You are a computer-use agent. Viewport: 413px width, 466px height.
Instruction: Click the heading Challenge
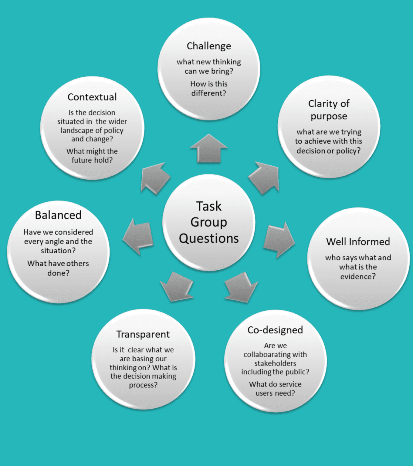tap(209, 46)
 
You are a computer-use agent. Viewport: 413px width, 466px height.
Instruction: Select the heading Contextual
tap(92, 97)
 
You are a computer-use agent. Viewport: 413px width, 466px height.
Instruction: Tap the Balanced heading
tap(58, 215)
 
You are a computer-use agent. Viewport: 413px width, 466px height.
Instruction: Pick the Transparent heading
tap(143, 334)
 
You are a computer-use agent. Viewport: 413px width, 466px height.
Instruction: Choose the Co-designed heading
tap(275, 330)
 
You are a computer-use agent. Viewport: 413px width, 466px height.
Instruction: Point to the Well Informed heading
tap(358, 242)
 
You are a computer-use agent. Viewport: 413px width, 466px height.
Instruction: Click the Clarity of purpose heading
tap(329, 110)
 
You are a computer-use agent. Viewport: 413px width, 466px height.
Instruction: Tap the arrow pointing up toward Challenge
tap(209, 148)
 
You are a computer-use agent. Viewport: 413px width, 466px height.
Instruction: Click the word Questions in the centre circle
tap(209, 238)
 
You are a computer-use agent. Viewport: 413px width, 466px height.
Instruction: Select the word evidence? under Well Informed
tap(358, 277)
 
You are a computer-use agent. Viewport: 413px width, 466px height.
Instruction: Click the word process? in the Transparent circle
tap(143, 385)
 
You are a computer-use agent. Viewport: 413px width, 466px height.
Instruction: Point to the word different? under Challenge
tap(209, 93)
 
